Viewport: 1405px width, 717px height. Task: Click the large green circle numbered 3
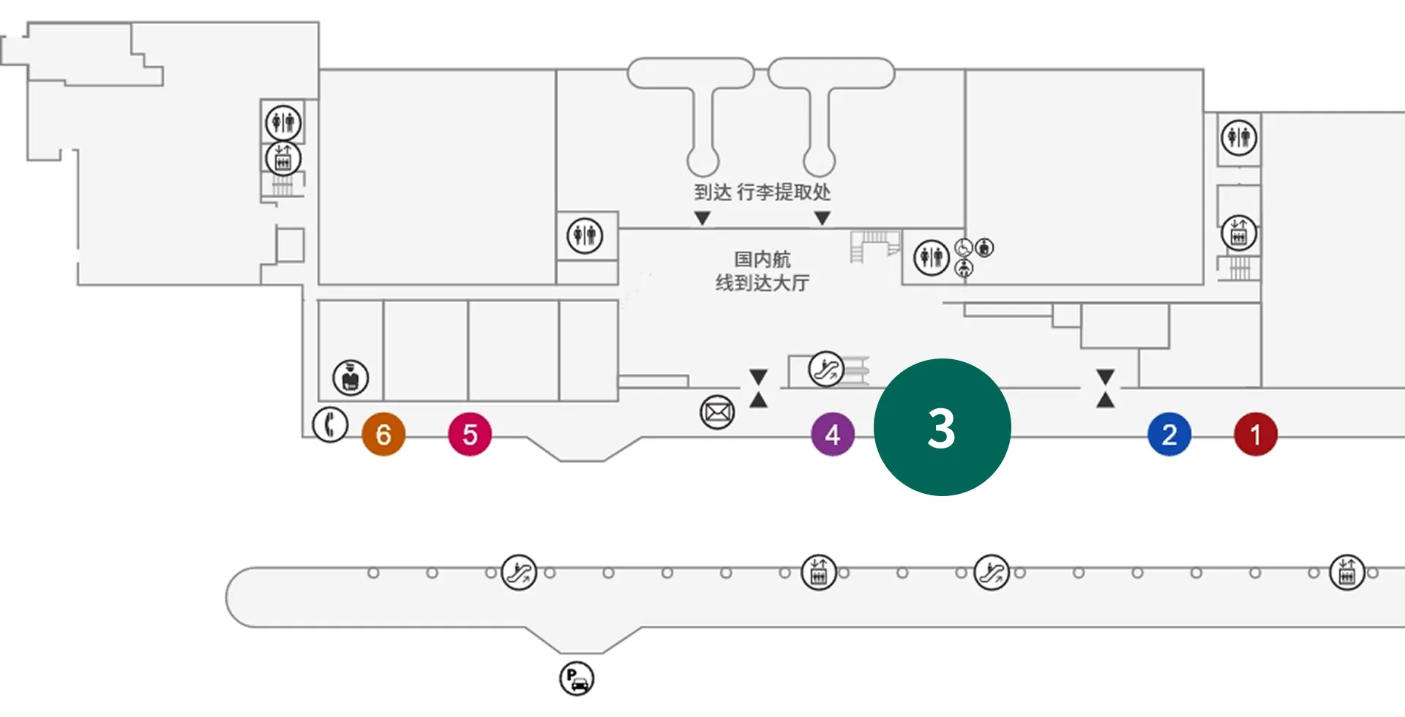(942, 427)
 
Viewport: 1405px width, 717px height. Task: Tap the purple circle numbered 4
(833, 435)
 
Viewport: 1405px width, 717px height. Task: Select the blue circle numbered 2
(1169, 435)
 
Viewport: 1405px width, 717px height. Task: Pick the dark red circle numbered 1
(1256, 435)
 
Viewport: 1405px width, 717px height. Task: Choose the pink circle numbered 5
(470, 435)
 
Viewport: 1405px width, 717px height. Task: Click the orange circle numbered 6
(383, 435)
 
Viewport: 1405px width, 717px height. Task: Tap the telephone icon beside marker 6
(330, 424)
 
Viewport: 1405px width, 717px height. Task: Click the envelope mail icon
(717, 413)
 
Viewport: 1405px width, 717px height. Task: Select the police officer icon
(351, 378)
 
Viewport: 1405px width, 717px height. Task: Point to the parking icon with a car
(577, 678)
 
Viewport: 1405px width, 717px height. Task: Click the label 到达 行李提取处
(762, 192)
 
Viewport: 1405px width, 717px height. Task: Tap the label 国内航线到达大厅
(762, 271)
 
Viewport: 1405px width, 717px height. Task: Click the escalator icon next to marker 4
(826, 369)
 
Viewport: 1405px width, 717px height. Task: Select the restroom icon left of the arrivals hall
(585, 236)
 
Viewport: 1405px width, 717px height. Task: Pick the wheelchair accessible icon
(963, 247)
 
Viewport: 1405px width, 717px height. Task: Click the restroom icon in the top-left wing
(283, 122)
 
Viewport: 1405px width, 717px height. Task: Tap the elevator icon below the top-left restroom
(283, 159)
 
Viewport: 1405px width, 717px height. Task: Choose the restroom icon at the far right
(1239, 137)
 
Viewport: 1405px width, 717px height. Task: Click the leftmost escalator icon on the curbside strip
(519, 573)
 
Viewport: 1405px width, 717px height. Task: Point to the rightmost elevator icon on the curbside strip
(1346, 573)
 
